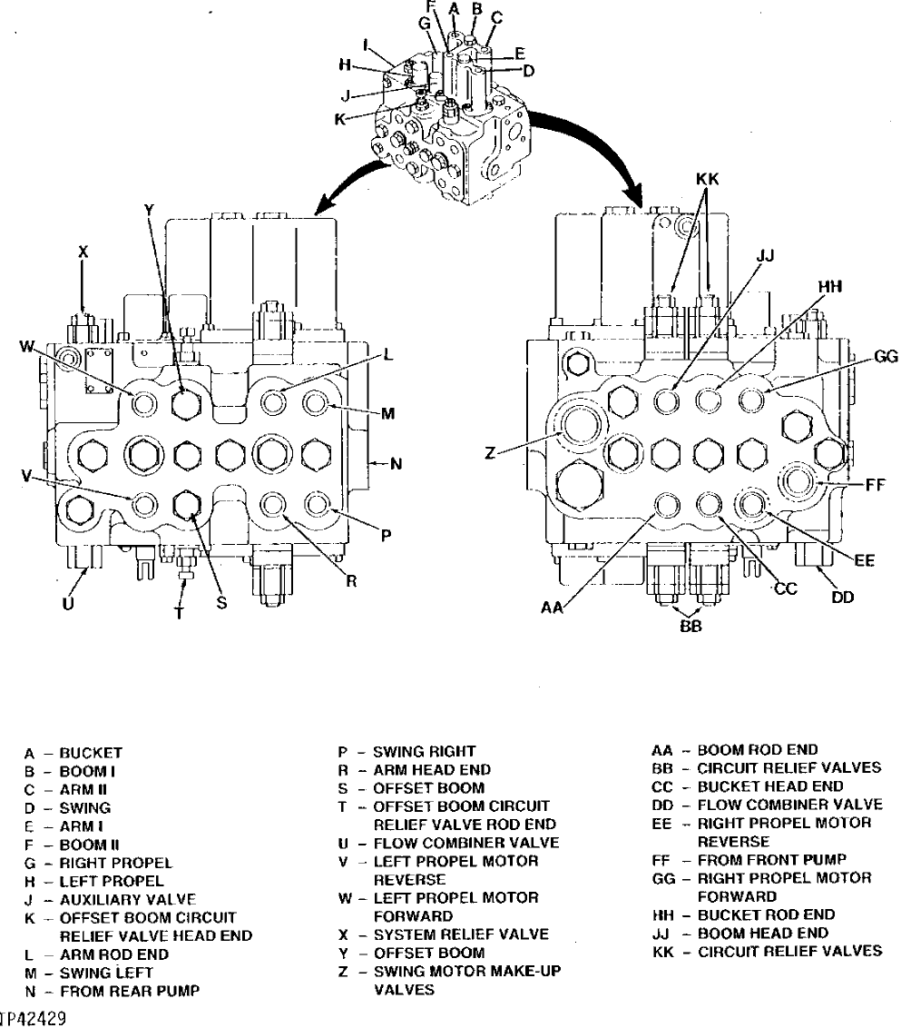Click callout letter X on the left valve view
click(x=83, y=253)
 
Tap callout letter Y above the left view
click(x=149, y=210)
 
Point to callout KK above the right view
click(x=708, y=181)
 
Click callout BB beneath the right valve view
click(x=690, y=626)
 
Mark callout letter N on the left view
click(x=395, y=465)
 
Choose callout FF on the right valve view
click(x=874, y=484)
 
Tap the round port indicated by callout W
click(x=143, y=402)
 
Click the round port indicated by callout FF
click(x=801, y=480)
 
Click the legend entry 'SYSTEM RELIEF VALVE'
click(x=461, y=934)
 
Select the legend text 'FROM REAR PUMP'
click(x=129, y=991)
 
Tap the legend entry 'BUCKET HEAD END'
click(x=770, y=786)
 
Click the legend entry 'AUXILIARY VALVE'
click(x=127, y=900)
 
